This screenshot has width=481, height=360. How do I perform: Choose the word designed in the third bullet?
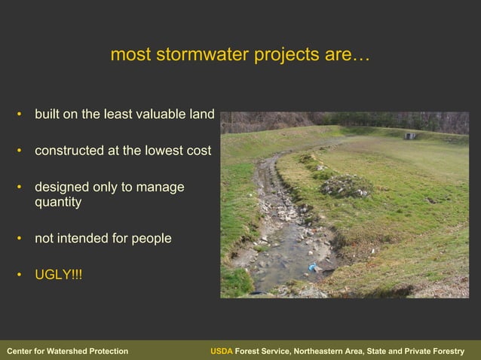[61, 187]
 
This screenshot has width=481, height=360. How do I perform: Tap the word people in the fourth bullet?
[152, 238]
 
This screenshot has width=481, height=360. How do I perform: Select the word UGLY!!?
[59, 274]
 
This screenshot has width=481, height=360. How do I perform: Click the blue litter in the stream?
[312, 267]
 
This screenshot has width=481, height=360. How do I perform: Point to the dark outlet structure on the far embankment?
[409, 136]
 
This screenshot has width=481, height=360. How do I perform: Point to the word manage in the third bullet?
[163, 187]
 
